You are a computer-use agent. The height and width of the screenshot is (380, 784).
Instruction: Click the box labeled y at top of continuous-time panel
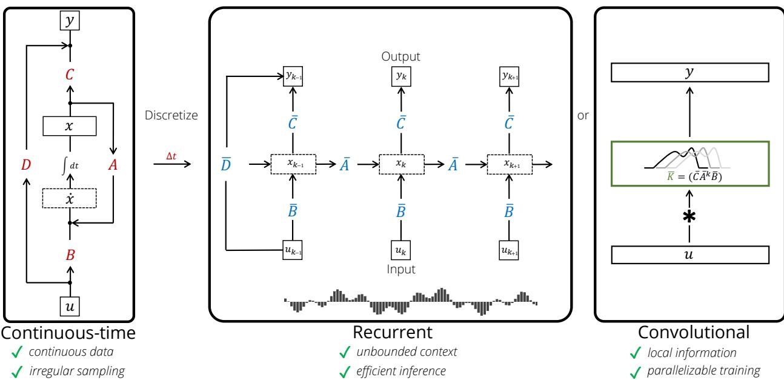(70, 21)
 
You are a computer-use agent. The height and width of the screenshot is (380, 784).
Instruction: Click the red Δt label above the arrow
(173, 156)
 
